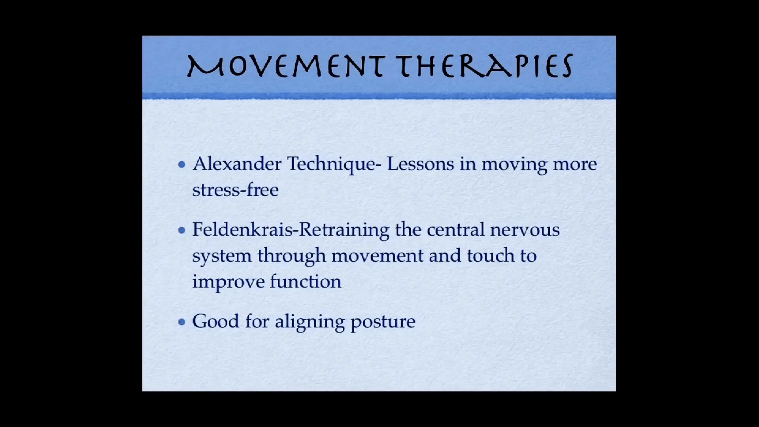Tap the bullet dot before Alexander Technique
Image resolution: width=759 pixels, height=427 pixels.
click(182, 164)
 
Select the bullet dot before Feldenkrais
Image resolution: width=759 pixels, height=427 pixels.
click(182, 230)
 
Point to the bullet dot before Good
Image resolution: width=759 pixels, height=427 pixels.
click(182, 322)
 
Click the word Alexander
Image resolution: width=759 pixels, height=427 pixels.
click(237, 164)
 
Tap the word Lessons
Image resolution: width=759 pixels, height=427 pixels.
click(421, 164)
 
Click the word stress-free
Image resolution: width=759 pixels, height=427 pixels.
click(236, 190)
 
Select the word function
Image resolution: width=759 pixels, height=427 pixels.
click(306, 282)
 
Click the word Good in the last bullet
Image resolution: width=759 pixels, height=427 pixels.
click(216, 321)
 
